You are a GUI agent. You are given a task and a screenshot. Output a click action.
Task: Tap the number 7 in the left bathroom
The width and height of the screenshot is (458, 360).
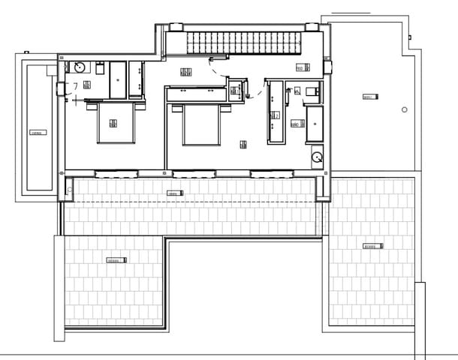pyautogui.click(x=76, y=86)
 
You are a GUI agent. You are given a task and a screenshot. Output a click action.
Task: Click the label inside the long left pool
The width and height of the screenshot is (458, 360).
pyautogui.click(x=36, y=133)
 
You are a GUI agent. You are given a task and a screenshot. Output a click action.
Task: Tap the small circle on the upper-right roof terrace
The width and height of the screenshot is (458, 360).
pyautogui.click(x=405, y=109)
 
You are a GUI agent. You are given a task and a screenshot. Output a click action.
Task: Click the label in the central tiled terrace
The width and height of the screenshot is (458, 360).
pyautogui.click(x=173, y=193)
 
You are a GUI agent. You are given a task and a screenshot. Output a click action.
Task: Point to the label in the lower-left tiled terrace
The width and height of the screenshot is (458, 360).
pyautogui.click(x=115, y=260)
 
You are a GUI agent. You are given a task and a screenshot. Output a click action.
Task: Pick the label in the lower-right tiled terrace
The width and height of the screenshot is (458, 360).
pyautogui.click(x=372, y=246)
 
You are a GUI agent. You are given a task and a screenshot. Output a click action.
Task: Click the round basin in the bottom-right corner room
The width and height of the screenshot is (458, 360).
pyautogui.click(x=318, y=157)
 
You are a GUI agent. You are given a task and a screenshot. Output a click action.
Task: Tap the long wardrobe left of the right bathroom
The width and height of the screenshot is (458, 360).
pyautogui.click(x=274, y=112)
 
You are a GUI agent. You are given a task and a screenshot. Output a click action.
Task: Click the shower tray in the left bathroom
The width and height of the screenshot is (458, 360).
pyautogui.click(x=119, y=79)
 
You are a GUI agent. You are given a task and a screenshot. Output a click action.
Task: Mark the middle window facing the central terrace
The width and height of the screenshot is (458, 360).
pyautogui.click(x=194, y=173)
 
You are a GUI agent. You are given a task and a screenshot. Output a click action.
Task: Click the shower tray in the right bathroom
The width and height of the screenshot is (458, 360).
pyautogui.click(x=314, y=124)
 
